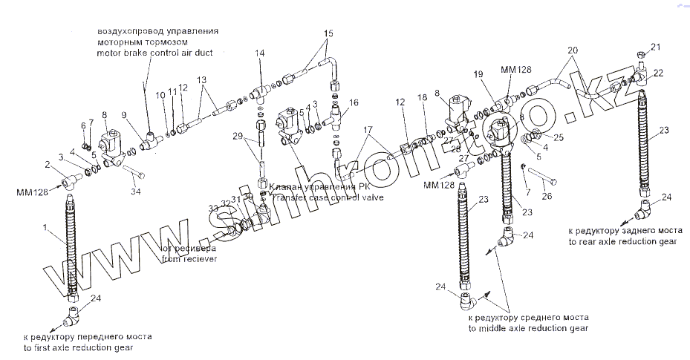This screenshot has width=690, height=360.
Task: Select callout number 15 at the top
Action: pos(329,33)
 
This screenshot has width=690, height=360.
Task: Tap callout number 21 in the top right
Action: pos(655,48)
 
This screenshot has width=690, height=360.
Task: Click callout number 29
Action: pos(238,137)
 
